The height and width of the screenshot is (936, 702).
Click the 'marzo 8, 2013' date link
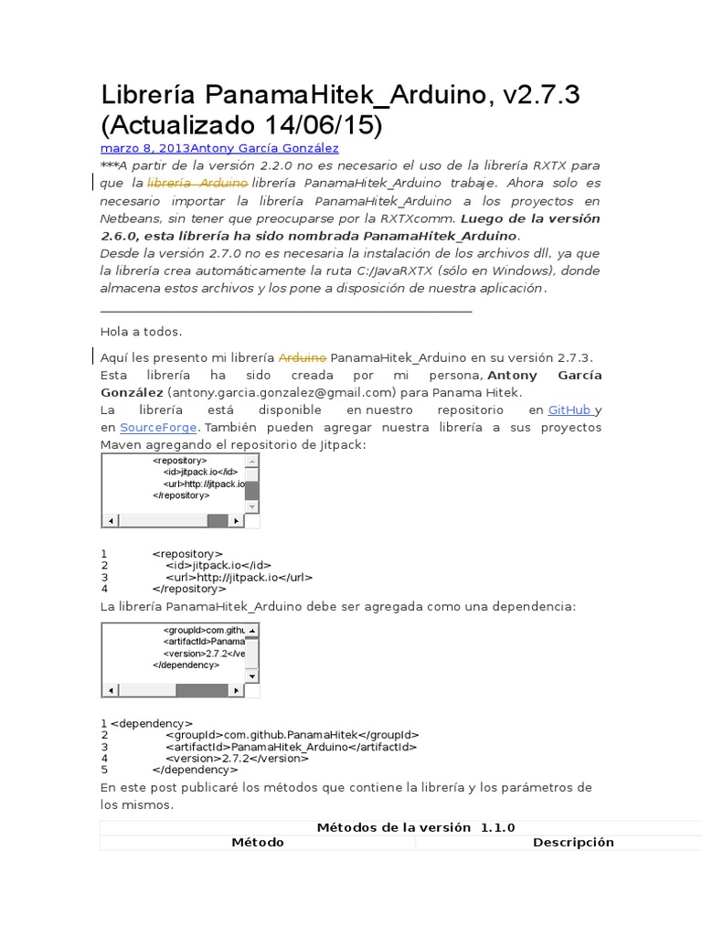[144, 148]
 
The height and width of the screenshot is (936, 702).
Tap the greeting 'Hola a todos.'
[141, 332]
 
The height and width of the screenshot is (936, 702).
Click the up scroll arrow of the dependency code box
[252, 631]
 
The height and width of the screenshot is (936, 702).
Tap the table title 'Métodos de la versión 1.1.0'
[416, 827]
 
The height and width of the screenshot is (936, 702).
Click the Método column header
[257, 843]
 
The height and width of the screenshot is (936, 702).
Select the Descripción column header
[573, 843]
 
